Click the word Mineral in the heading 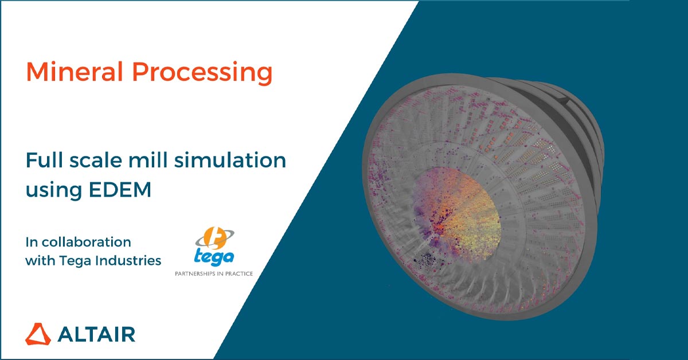[x=75, y=72]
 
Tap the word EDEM [x=120, y=190]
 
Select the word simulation [x=230, y=160]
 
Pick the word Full [x=44, y=160]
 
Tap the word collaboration [x=87, y=242]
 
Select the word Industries [x=128, y=260]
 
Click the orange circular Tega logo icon [x=214, y=238]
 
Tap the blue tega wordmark [x=214, y=257]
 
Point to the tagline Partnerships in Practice [x=214, y=273]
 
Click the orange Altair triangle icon [x=38, y=334]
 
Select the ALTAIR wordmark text [x=96, y=334]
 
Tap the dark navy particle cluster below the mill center [x=427, y=260]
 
